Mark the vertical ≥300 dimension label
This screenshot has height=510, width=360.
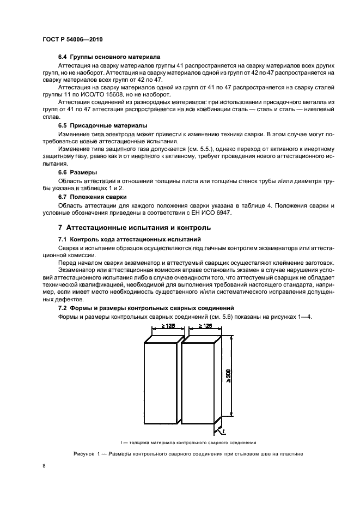coord(229,376)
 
